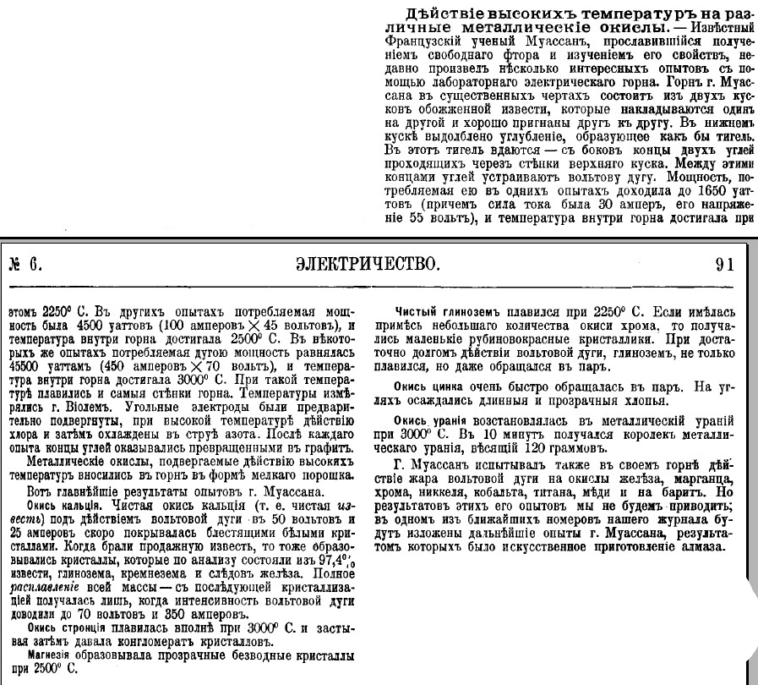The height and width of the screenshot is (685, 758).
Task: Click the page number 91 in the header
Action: click(725, 263)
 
